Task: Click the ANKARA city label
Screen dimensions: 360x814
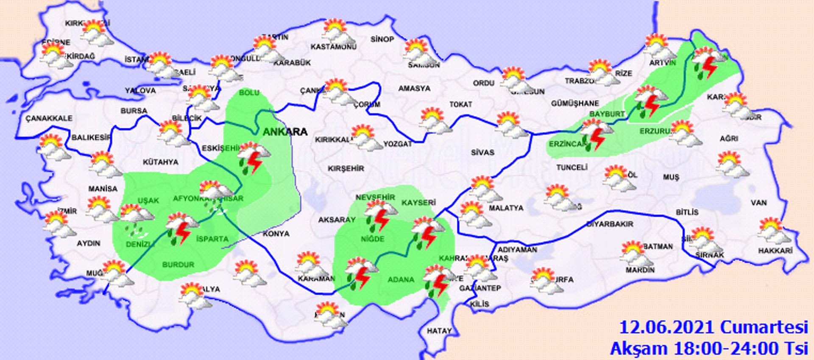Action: click(285, 132)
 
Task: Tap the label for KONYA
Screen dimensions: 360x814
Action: click(276, 234)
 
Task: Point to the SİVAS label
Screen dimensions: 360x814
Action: click(482, 152)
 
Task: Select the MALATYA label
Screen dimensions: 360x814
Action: click(506, 208)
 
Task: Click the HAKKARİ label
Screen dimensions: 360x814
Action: click(775, 251)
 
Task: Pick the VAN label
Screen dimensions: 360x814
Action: click(759, 203)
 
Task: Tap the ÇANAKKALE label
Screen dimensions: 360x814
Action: click(49, 118)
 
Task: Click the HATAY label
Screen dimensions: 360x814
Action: click(439, 331)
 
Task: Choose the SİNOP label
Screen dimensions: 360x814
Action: click(382, 39)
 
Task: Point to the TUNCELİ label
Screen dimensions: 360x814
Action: click(572, 167)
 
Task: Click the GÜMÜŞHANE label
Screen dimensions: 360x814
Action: click(575, 103)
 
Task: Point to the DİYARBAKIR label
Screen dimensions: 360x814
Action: click(610, 224)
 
